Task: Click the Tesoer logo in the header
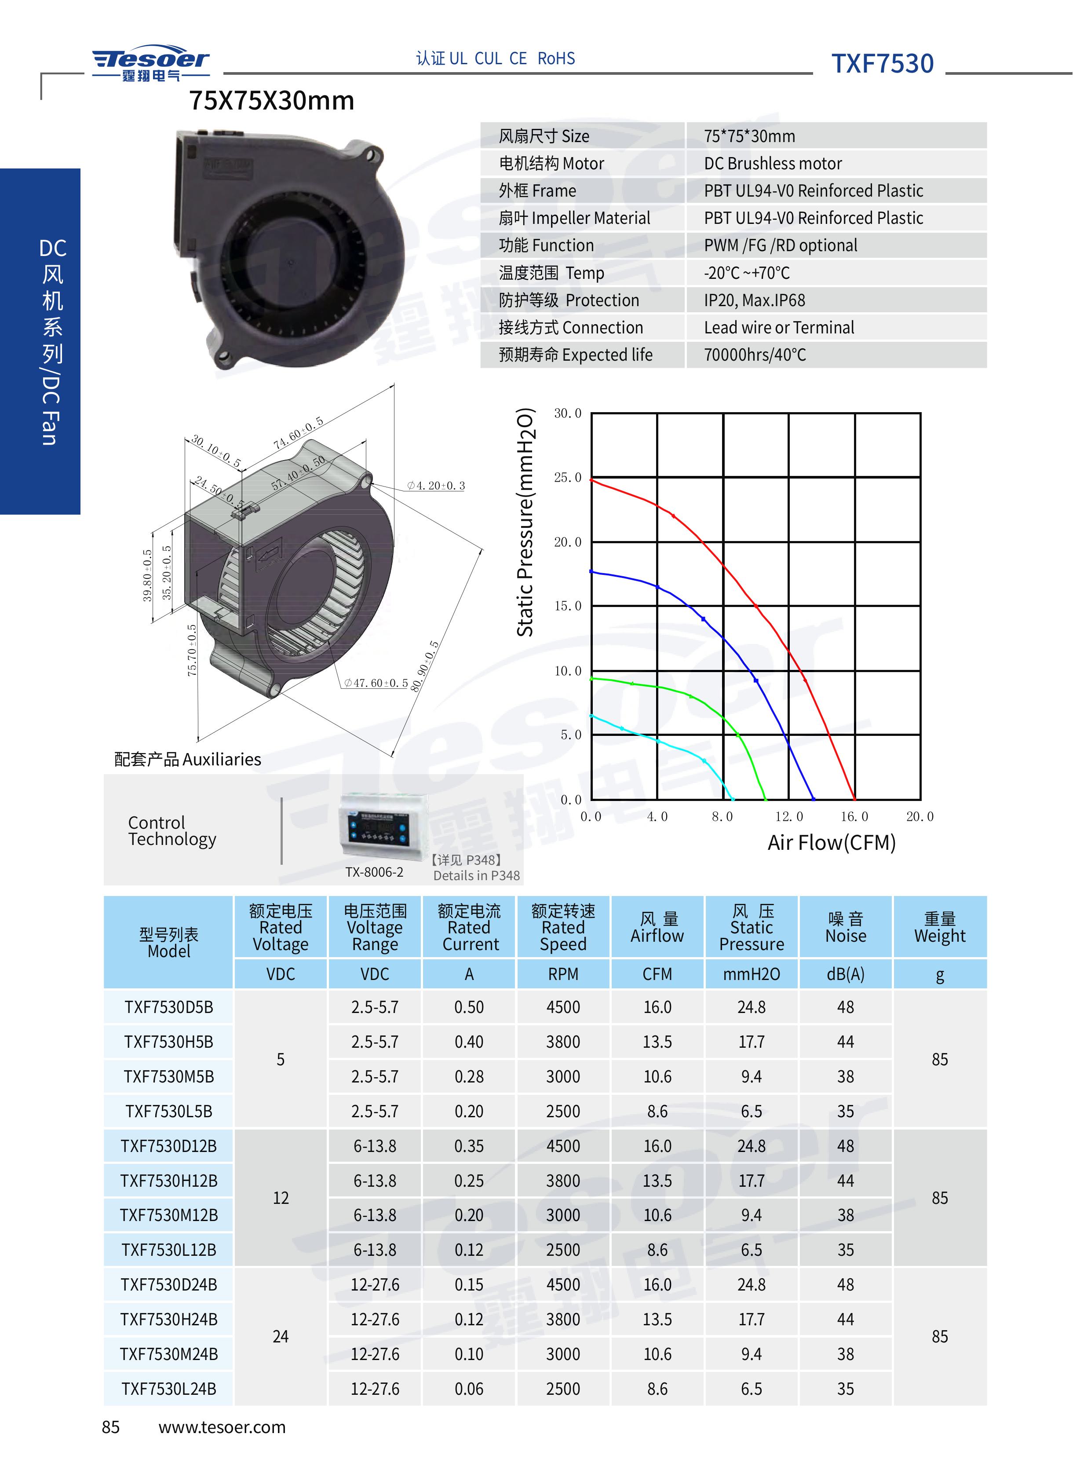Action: [x=150, y=63]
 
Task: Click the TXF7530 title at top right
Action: [x=882, y=63]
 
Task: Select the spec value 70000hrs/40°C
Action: [x=755, y=355]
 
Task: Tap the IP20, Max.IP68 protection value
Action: [x=754, y=300]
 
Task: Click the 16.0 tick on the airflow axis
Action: [x=854, y=816]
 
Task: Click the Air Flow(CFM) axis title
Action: [x=832, y=843]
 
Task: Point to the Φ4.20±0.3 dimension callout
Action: [x=436, y=486]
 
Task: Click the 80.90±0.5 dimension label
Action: [x=425, y=666]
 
